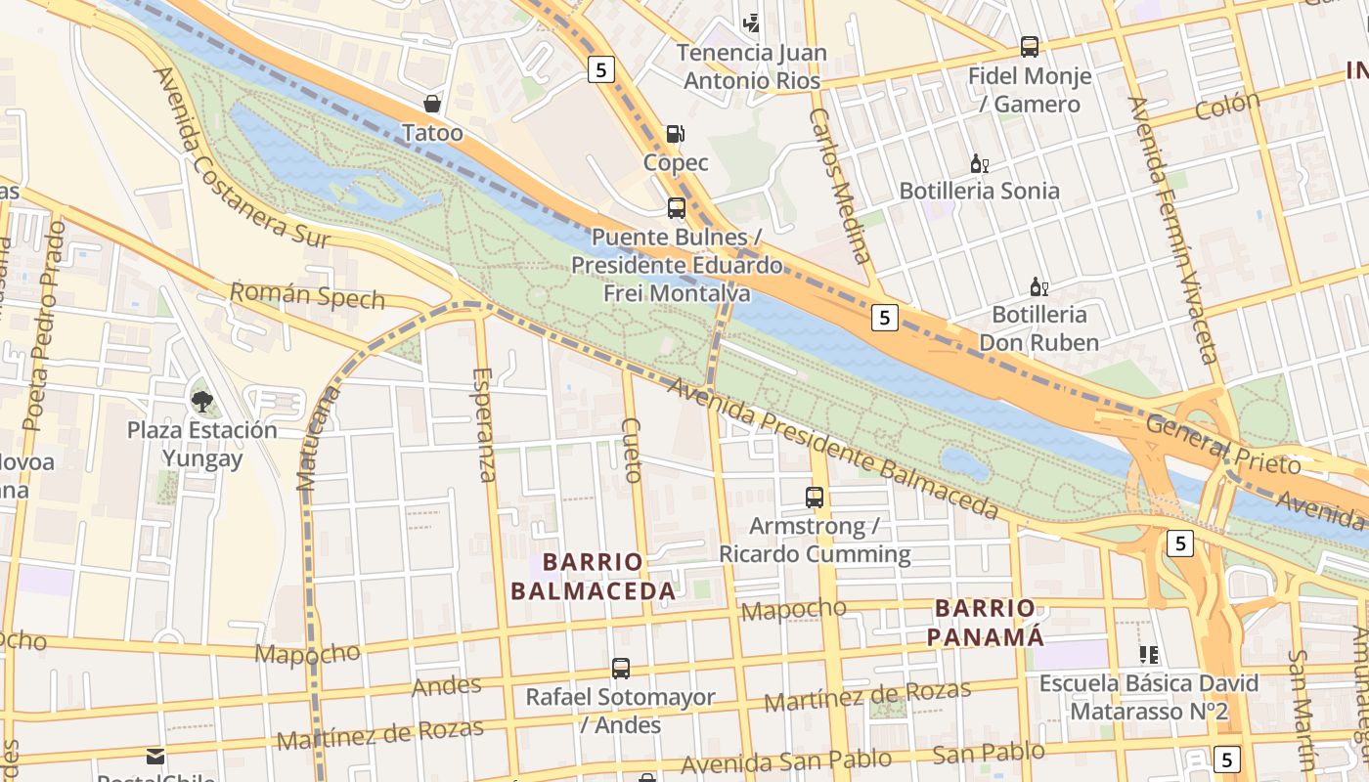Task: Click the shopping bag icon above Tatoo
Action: (x=431, y=104)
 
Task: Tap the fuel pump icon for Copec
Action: (x=676, y=134)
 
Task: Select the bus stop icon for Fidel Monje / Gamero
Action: (x=1029, y=46)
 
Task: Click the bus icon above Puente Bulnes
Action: (x=676, y=207)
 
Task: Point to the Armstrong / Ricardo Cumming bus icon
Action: (x=815, y=497)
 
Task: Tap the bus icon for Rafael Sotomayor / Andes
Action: (x=621, y=669)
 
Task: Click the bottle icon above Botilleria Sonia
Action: (x=979, y=163)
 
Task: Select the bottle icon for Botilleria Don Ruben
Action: (x=1038, y=287)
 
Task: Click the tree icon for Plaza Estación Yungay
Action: (x=202, y=400)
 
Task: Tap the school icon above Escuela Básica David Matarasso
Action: (x=1148, y=654)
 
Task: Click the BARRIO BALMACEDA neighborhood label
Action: (x=593, y=577)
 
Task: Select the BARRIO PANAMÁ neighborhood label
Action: (x=985, y=623)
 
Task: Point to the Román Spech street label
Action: (x=307, y=295)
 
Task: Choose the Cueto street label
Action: (x=632, y=451)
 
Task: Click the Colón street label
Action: (x=1227, y=106)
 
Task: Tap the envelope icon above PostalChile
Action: (x=155, y=756)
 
